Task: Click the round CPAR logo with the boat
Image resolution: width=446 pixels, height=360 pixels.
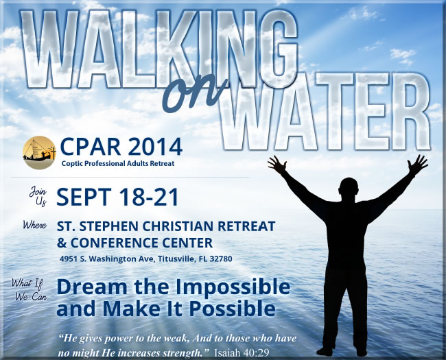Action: (x=39, y=153)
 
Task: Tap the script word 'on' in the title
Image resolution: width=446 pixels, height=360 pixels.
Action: (x=193, y=93)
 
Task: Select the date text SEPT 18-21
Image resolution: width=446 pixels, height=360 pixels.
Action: (x=117, y=197)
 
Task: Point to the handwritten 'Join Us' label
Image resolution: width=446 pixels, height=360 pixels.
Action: (x=38, y=195)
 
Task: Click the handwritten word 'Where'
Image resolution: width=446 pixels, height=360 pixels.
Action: (x=35, y=225)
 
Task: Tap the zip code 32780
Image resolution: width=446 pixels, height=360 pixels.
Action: (x=221, y=259)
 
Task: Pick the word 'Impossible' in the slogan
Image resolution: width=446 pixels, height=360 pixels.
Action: (x=233, y=287)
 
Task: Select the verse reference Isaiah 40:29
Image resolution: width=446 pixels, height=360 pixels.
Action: (x=242, y=353)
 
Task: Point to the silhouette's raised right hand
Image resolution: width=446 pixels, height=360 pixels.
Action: (x=418, y=163)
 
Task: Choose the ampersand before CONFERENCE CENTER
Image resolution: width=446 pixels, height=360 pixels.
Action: (x=62, y=243)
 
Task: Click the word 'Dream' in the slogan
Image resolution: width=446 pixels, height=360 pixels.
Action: (x=92, y=287)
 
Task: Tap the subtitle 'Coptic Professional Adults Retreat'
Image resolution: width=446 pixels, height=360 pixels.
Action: (x=118, y=163)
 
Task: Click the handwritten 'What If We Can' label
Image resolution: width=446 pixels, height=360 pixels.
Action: (x=30, y=290)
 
